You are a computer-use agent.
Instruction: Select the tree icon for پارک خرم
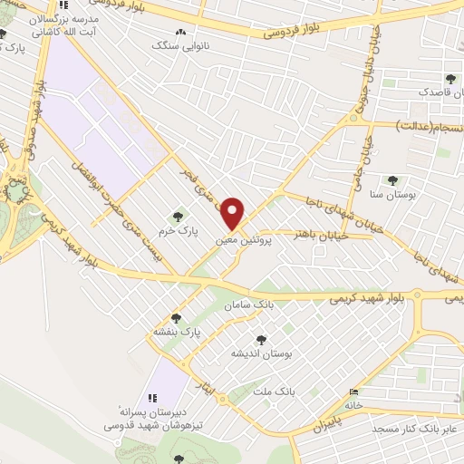click(177, 217)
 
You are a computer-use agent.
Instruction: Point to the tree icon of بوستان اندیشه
click(261, 340)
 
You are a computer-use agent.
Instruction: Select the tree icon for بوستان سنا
click(391, 180)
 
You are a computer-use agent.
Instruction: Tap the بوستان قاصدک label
click(419, 92)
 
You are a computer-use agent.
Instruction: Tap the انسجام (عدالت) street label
click(426, 125)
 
